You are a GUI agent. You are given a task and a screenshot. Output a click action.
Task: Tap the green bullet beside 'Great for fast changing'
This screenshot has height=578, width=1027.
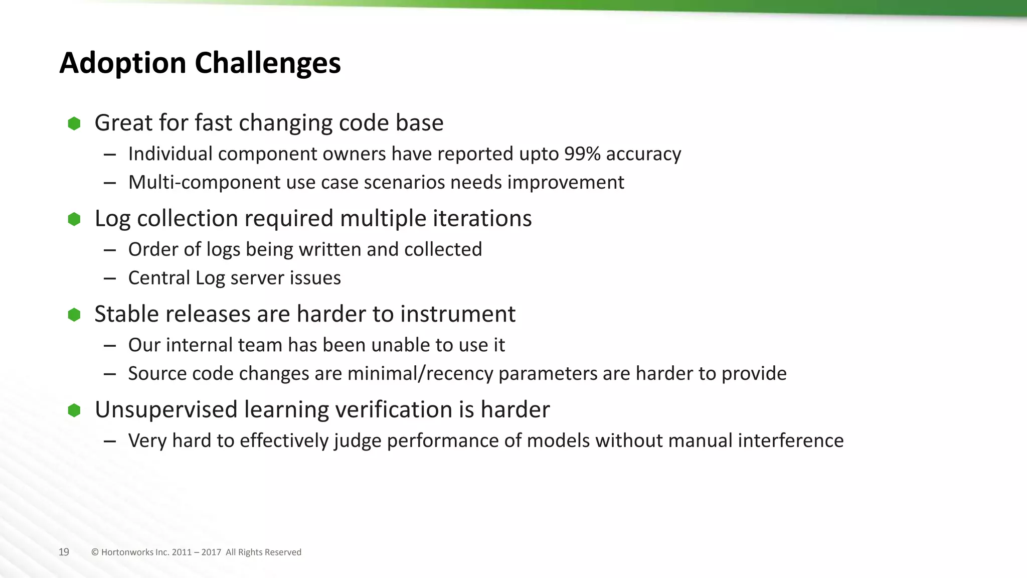[74, 123]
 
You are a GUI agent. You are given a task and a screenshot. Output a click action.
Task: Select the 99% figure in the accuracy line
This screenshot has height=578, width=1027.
[582, 154]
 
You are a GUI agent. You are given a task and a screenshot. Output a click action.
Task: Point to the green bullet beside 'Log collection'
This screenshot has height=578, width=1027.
[74, 219]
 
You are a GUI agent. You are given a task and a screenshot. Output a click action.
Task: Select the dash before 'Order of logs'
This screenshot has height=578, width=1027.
[110, 250]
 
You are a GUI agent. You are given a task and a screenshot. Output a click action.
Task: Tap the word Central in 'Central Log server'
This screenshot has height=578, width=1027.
[159, 278]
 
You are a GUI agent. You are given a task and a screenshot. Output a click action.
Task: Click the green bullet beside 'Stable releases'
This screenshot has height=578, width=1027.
[74, 315]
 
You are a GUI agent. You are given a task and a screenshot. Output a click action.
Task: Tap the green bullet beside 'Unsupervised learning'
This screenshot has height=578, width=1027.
[74, 410]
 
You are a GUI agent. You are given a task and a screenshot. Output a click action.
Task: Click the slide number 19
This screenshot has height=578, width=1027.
[64, 552]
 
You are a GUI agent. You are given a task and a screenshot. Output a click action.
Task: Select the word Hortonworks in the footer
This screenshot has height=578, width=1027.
[127, 552]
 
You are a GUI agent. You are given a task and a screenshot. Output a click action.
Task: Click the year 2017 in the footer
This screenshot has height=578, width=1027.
[211, 552]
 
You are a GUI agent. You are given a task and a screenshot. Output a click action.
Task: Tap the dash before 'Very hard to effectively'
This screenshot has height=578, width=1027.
[110, 441]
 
